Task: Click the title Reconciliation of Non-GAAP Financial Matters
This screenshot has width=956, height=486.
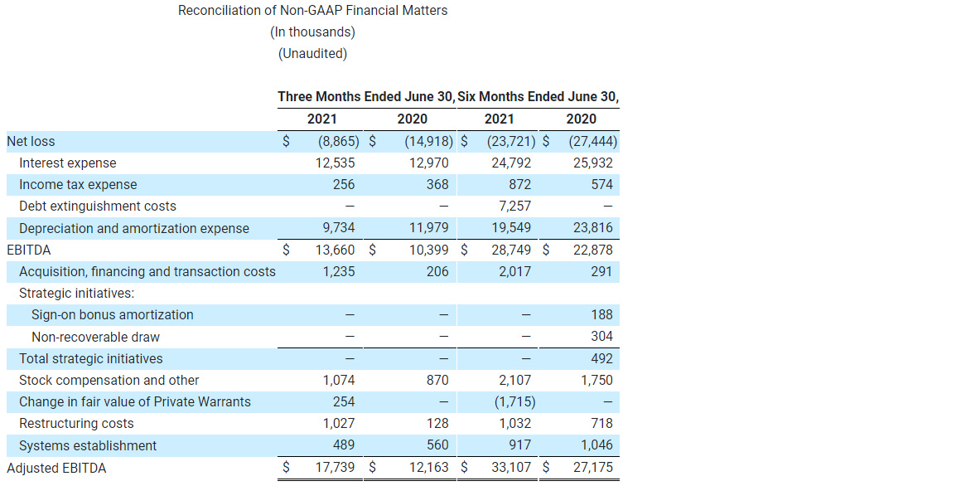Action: [312, 11]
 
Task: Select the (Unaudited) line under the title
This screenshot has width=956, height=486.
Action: [312, 54]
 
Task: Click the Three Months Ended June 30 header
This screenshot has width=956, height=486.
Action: [365, 97]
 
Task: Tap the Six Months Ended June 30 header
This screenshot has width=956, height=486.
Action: [538, 97]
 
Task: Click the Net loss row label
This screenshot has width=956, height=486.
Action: [31, 142]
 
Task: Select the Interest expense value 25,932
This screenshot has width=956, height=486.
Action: [593, 163]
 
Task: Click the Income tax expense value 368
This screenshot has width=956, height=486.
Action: [437, 185]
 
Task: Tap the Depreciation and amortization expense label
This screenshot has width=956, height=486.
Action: [134, 229]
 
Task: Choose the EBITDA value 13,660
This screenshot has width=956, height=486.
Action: [336, 250]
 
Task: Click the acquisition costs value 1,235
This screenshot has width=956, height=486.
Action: [339, 272]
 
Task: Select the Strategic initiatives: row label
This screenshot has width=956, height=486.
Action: [76, 294]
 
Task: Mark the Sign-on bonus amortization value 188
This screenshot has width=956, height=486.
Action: [602, 315]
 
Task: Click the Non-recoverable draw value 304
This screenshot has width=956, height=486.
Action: [602, 337]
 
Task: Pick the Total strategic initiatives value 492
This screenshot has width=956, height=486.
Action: [602, 359]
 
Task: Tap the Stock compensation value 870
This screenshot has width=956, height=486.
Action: [437, 381]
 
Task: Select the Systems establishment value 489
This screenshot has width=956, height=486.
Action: [343, 445]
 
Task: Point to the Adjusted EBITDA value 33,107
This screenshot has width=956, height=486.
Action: [511, 468]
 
